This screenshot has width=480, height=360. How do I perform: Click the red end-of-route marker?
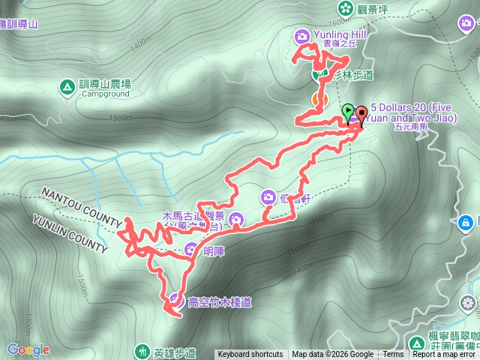(361, 115)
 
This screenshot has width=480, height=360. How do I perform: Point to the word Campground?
(105, 94)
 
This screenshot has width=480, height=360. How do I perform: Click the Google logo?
(28, 349)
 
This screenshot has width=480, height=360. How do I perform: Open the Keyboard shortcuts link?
(250, 355)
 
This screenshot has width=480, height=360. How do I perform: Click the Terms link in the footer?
(393, 355)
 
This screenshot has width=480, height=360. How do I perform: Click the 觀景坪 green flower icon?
(345, 9)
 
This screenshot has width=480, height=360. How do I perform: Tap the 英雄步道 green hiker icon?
(142, 351)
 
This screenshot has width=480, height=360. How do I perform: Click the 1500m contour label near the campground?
(121, 118)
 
